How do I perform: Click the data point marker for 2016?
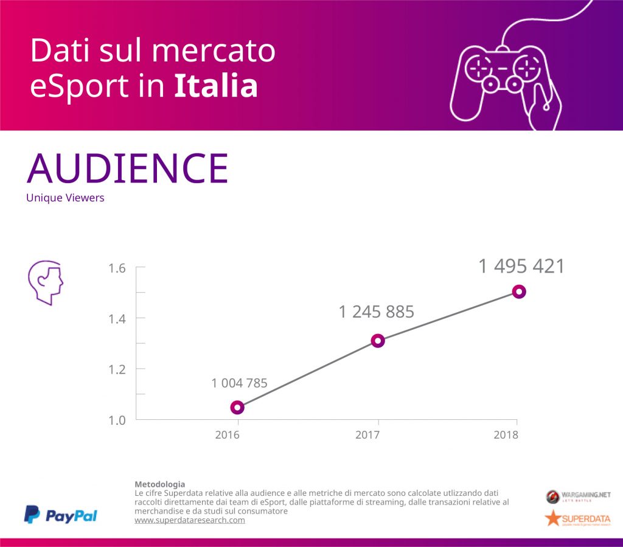(x=237, y=407)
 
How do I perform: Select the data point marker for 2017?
(x=378, y=341)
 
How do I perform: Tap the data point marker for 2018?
(x=518, y=291)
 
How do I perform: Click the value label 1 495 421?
(x=521, y=267)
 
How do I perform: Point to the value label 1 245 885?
(x=376, y=312)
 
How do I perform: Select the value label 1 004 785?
(x=239, y=383)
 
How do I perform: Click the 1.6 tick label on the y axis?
(x=117, y=268)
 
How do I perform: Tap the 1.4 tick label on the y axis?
(x=117, y=319)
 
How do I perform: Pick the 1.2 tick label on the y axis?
(x=117, y=369)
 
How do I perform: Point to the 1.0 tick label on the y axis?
(x=117, y=420)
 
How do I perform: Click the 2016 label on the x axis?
(x=227, y=435)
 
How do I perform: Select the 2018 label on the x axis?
(x=506, y=435)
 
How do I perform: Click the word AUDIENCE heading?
(x=128, y=169)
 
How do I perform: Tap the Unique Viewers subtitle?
(x=65, y=198)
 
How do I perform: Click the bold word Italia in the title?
(x=216, y=86)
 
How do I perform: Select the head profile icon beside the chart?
(x=46, y=283)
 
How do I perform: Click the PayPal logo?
(x=61, y=515)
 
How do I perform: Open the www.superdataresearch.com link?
(x=189, y=520)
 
